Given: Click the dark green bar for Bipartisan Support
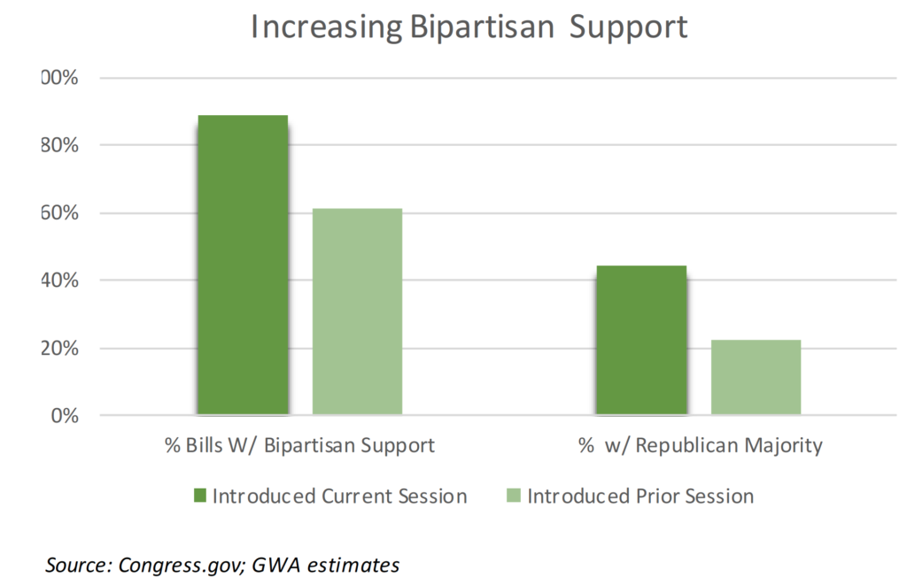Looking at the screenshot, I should click(x=242, y=265).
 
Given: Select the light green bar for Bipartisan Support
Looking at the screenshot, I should click(x=357, y=312).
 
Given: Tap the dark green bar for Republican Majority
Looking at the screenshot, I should click(x=640, y=340).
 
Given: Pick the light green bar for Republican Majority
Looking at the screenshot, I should click(x=756, y=377).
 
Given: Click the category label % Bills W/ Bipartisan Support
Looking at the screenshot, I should click(x=299, y=445).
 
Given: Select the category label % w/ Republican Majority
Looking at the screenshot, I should click(x=700, y=445).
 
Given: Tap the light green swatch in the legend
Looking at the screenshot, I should click(x=513, y=496).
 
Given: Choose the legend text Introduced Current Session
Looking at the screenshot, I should click(x=339, y=496).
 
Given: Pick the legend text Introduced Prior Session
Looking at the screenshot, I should click(x=640, y=496).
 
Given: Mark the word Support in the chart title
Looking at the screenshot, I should click(x=627, y=27).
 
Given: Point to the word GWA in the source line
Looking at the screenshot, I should click(x=273, y=564).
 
